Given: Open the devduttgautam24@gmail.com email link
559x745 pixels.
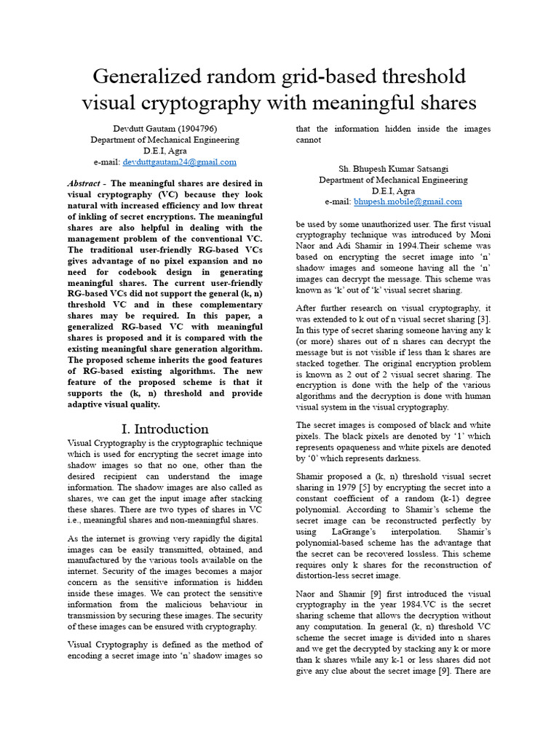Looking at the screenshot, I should [180, 162].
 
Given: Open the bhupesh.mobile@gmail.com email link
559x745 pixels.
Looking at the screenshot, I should [408, 202].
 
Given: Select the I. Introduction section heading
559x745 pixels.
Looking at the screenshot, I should [164, 429].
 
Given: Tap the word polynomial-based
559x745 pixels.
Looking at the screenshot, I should [332, 543].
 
